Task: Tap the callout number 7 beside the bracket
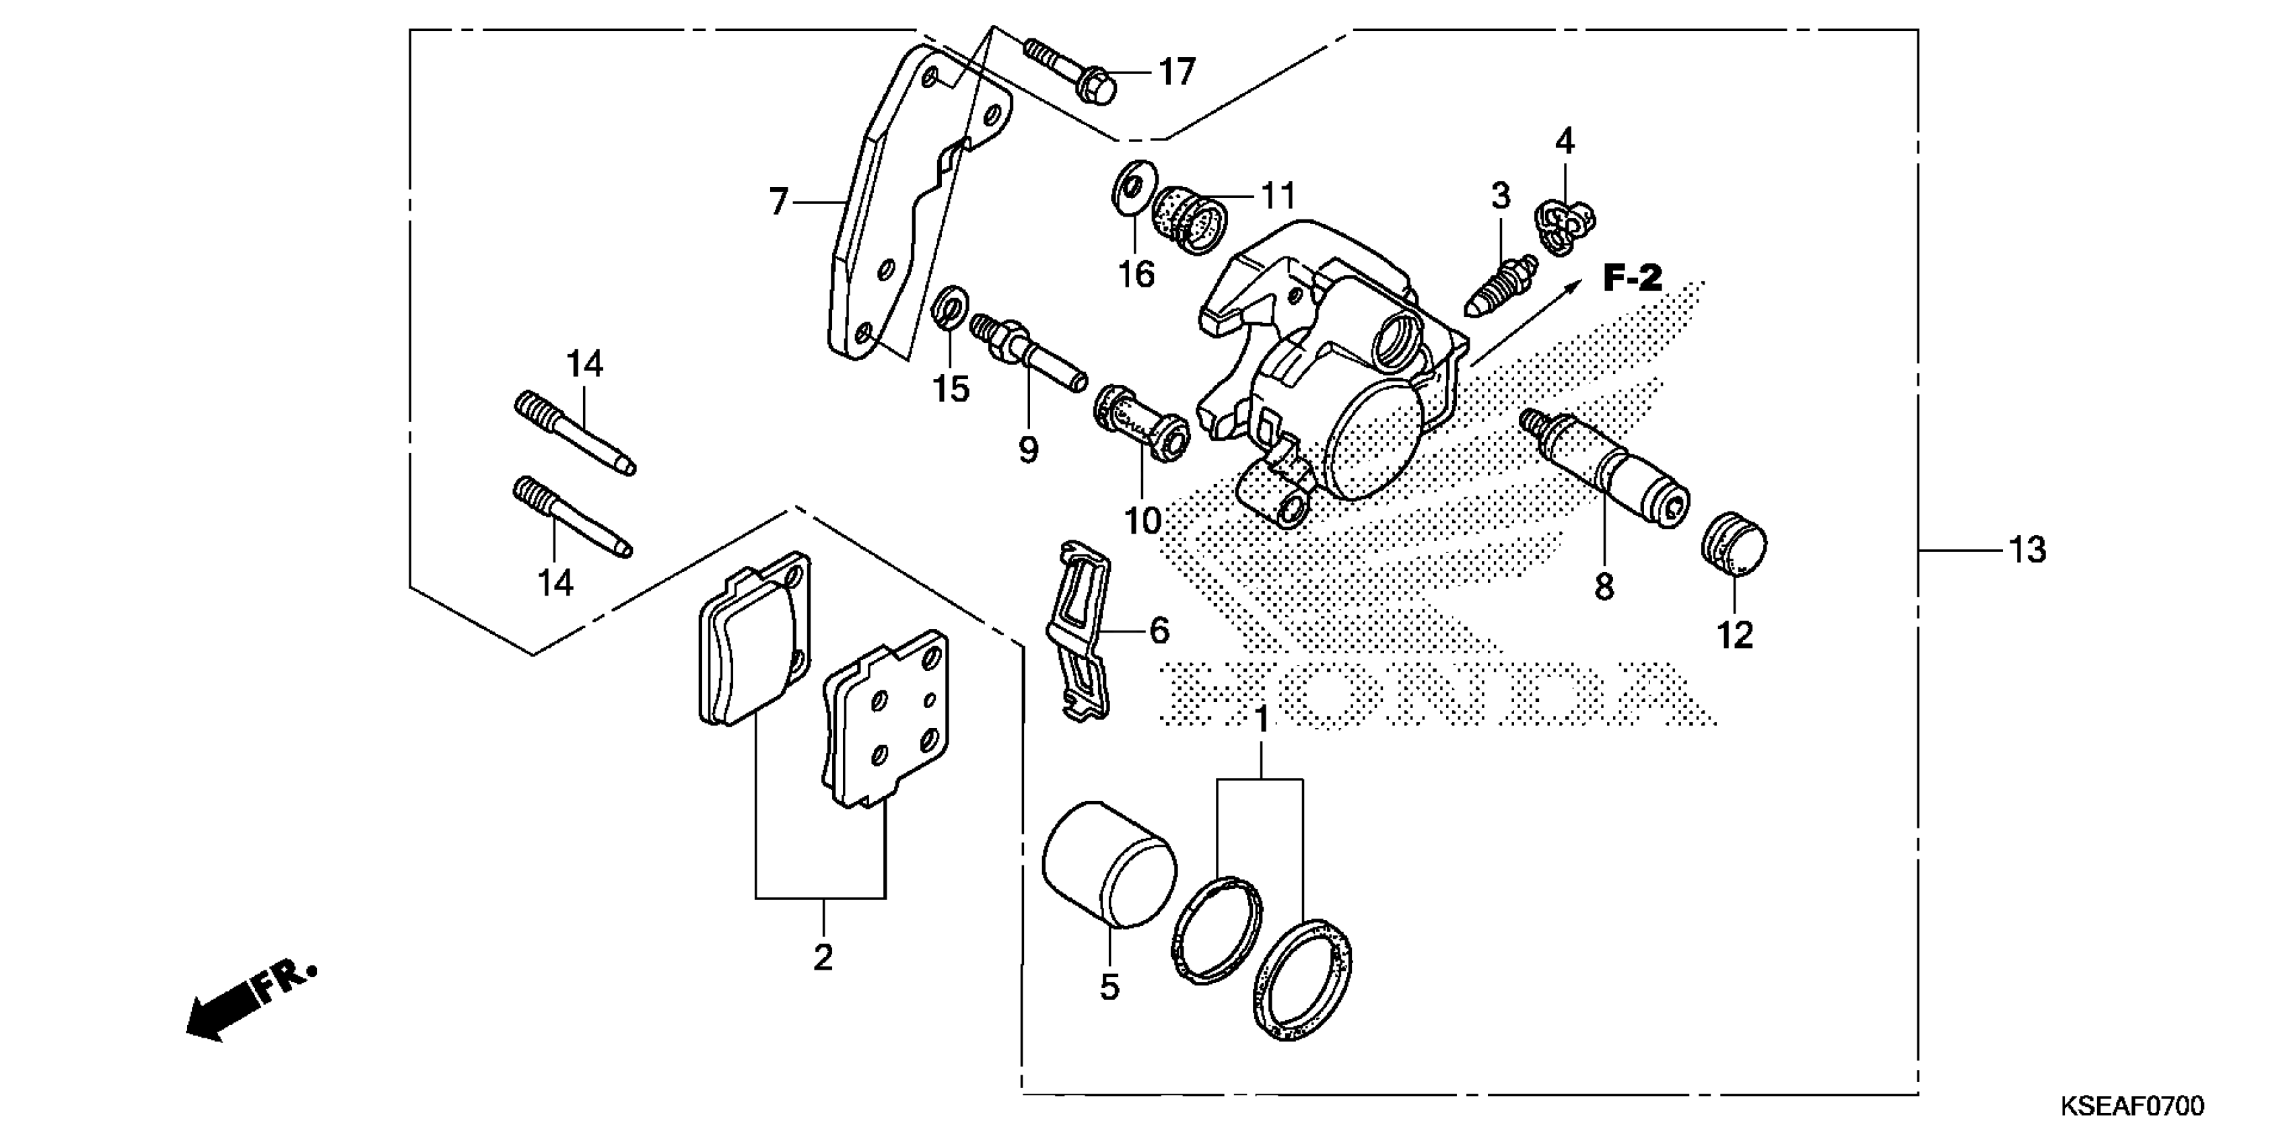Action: click(778, 203)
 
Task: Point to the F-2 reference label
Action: click(1633, 278)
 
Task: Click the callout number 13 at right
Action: click(2027, 550)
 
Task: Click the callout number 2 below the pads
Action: click(823, 958)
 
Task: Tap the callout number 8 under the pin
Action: click(1604, 587)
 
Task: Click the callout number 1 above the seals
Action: click(1261, 719)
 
